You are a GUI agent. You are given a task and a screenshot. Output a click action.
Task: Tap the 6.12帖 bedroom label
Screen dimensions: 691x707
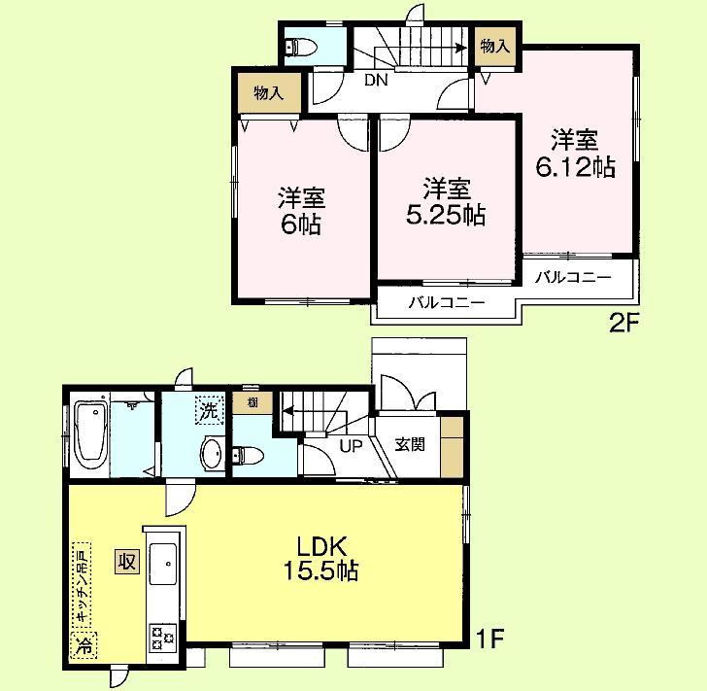pyautogui.click(x=575, y=153)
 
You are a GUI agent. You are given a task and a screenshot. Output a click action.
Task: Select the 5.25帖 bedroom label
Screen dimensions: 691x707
pyautogui.click(x=446, y=201)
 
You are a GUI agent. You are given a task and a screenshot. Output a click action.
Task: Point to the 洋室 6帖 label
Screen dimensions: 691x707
pyautogui.click(x=301, y=212)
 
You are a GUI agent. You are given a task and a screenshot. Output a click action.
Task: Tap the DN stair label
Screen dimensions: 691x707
pyautogui.click(x=376, y=81)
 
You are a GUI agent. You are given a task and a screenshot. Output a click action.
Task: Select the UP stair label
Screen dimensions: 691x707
pyautogui.click(x=350, y=446)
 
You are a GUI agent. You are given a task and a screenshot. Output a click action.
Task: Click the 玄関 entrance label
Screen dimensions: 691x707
pyautogui.click(x=410, y=445)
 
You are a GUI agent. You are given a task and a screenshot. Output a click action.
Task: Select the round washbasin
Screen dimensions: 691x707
pyautogui.click(x=211, y=451)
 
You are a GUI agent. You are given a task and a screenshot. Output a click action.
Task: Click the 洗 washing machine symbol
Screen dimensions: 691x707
pyautogui.click(x=209, y=410)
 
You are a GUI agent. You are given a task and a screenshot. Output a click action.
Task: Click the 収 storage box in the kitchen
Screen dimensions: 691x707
pyautogui.click(x=126, y=561)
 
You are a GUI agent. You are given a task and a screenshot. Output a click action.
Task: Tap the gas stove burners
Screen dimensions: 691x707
pyautogui.click(x=160, y=638)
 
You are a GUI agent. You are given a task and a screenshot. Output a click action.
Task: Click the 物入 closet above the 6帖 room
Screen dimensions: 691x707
pyautogui.click(x=268, y=93)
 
